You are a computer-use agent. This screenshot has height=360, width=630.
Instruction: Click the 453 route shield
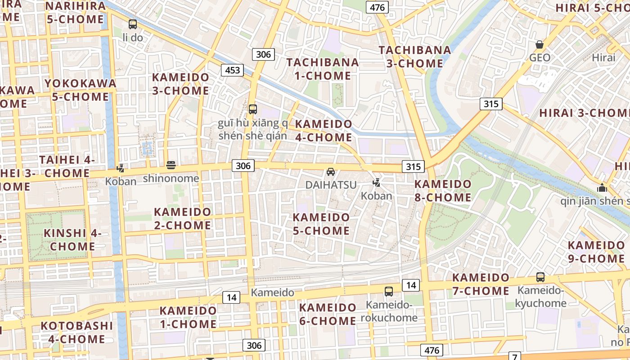232,70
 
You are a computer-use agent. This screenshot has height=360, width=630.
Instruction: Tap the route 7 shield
514,356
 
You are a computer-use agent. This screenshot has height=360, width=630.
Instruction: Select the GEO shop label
540,58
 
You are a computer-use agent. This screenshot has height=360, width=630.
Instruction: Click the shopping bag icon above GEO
540,45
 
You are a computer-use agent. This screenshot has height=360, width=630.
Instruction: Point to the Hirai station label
603,58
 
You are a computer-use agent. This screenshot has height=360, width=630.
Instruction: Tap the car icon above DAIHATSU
331,172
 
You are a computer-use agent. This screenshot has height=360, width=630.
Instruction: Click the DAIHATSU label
331,185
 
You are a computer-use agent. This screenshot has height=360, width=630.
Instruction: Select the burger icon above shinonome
171,165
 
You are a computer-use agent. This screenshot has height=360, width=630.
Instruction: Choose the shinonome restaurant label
171,178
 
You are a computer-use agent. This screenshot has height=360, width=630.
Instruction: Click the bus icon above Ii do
133,24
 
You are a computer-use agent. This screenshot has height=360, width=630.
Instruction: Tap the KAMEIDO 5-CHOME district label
321,224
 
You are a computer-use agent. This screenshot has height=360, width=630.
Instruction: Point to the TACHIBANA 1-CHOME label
323,69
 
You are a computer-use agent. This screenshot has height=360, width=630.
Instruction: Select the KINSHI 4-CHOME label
72,240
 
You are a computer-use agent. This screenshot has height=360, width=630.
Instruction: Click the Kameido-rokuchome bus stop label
391,311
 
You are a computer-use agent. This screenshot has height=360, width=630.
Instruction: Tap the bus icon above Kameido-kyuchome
540,277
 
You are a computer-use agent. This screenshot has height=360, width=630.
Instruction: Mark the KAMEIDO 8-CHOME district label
443,191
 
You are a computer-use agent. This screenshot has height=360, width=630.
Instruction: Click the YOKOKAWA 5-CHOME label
80,90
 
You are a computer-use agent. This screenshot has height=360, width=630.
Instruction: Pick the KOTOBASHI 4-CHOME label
76,332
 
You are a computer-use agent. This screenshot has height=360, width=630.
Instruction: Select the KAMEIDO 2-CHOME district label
183,218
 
